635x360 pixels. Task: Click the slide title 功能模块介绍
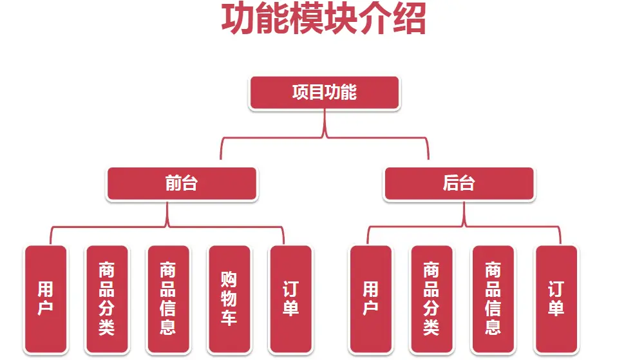click(x=323, y=19)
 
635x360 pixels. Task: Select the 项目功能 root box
click(x=324, y=93)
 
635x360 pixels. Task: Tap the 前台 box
click(x=182, y=184)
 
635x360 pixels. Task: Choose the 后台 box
click(x=459, y=184)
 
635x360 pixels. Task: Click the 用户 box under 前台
click(x=46, y=299)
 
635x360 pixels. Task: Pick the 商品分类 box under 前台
click(x=106, y=299)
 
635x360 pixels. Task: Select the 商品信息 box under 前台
click(x=168, y=299)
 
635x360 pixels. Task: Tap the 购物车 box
click(x=229, y=299)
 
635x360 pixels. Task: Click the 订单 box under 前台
click(x=290, y=299)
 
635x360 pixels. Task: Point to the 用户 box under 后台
click(x=370, y=299)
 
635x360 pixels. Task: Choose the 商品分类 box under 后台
click(x=431, y=299)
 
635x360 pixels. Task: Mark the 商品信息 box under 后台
click(x=493, y=299)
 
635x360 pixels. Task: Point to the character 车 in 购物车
click(x=229, y=317)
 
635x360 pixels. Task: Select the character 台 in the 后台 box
click(x=467, y=184)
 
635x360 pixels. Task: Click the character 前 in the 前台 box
click(x=173, y=184)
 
